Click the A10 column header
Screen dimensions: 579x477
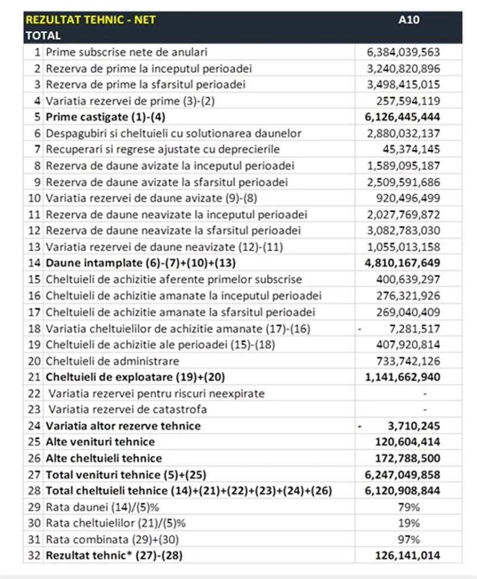pyautogui.click(x=409, y=20)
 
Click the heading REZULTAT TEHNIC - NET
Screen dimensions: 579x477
pyautogui.click(x=91, y=20)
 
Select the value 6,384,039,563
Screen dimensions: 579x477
pyautogui.click(x=403, y=52)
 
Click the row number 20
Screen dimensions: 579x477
pyautogui.click(x=35, y=361)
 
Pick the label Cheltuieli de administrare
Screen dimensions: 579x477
pyautogui.click(x=112, y=361)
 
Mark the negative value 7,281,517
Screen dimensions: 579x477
pyautogui.click(x=411, y=328)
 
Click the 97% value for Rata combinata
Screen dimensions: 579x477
pyautogui.click(x=409, y=539)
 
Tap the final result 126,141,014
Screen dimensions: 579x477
pyautogui.click(x=407, y=556)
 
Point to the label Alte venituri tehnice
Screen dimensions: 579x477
pyautogui.click(x=100, y=442)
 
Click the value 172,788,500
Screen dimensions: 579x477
pyautogui.click(x=407, y=458)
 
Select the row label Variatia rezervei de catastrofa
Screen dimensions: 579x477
pyautogui.click(x=127, y=409)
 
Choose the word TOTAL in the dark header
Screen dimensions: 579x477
pyautogui.click(x=43, y=36)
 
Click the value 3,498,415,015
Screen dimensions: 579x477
pyautogui.click(x=403, y=85)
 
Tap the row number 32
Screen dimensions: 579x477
pyautogui.click(x=35, y=556)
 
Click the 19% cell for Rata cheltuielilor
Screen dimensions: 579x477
pyautogui.click(x=409, y=523)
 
